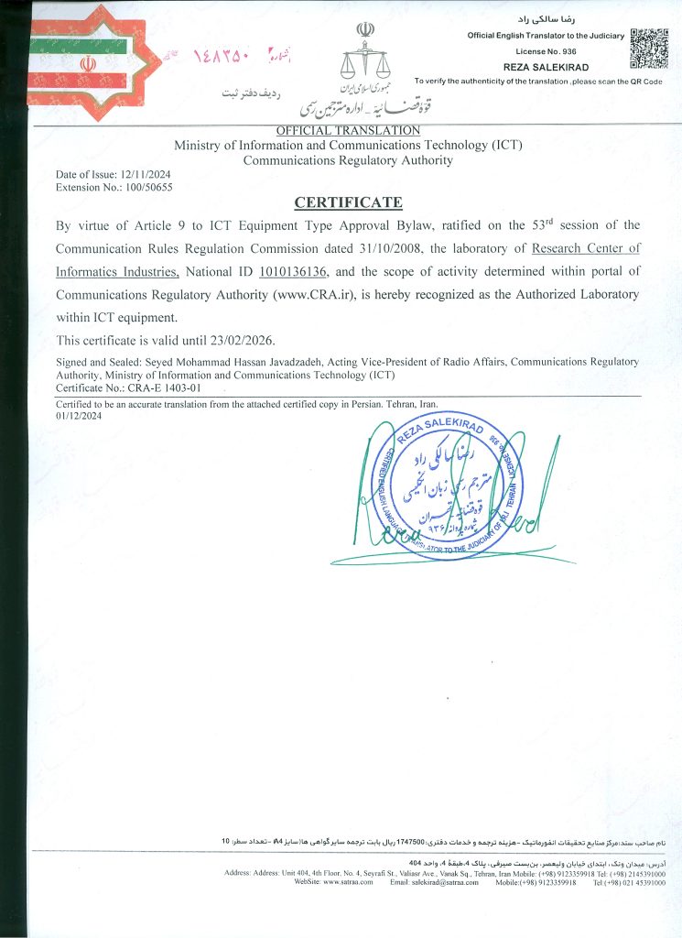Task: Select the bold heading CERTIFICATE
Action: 347,202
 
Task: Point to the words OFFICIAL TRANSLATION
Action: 347,131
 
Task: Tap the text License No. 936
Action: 545,51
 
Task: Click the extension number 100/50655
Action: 146,187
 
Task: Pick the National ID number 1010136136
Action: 294,272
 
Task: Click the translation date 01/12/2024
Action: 80,415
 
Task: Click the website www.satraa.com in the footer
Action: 348,882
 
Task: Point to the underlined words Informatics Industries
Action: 116,272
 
